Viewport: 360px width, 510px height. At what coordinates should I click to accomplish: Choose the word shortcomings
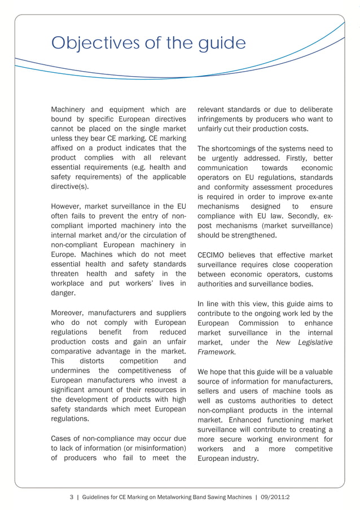click(236, 148)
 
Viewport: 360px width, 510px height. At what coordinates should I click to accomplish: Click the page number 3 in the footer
click(72, 497)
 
